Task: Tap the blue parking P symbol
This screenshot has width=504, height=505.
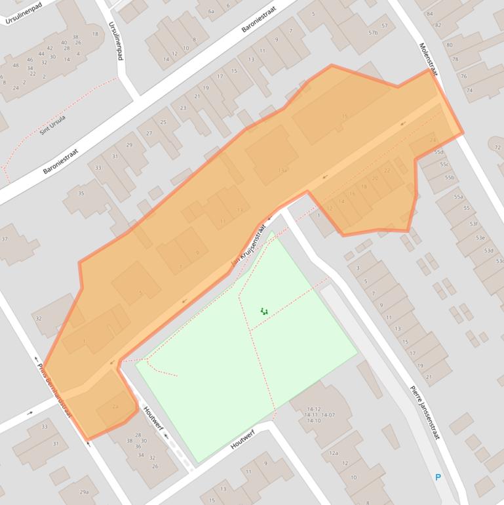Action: [x=438, y=477]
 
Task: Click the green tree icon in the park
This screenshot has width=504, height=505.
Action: [x=264, y=311]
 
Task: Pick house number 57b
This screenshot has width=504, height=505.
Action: [x=373, y=33]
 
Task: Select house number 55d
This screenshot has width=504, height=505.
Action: [x=438, y=151]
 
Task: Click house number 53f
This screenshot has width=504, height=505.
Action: [x=473, y=224]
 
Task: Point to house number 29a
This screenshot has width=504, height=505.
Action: [x=84, y=492]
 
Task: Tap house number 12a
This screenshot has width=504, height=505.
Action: [x=334, y=453]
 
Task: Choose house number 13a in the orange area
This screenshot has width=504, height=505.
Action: [x=282, y=171]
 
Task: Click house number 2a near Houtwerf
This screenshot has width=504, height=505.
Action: [x=115, y=407]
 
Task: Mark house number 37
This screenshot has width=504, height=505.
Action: [x=5, y=239]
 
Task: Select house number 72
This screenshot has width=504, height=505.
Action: [x=497, y=148]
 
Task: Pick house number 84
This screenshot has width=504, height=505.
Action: [x=429, y=14]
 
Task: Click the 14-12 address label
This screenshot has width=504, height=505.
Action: [x=312, y=409]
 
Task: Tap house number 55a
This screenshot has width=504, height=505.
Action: [x=458, y=197]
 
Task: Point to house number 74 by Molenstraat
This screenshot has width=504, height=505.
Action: [x=469, y=90]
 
